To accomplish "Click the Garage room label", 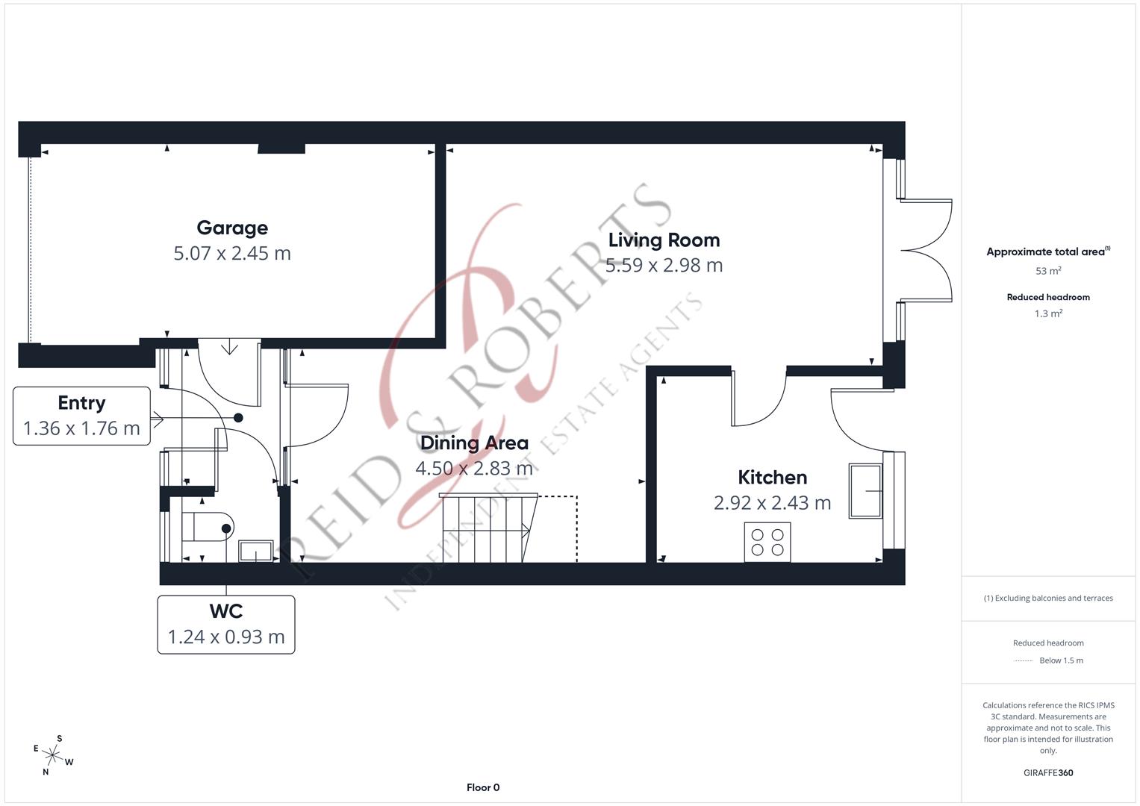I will (232, 228).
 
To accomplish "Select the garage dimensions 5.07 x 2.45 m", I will (232, 254).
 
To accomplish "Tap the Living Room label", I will (664, 240).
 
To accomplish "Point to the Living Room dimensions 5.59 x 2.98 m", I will (664, 266).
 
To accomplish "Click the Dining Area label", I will (474, 443).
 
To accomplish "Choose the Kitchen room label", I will (772, 478).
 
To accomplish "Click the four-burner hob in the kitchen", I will (767, 543).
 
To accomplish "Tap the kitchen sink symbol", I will (865, 491).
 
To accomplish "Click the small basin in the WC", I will (255, 552).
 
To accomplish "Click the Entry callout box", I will (81, 416).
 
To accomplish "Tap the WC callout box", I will (226, 625).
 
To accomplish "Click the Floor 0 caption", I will (483, 787).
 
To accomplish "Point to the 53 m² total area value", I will (1048, 271).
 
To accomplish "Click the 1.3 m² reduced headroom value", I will (1048, 314).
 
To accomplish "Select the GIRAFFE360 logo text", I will (1048, 773).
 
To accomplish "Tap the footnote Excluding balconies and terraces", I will (1048, 598).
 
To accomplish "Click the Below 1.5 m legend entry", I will (1060, 660).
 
